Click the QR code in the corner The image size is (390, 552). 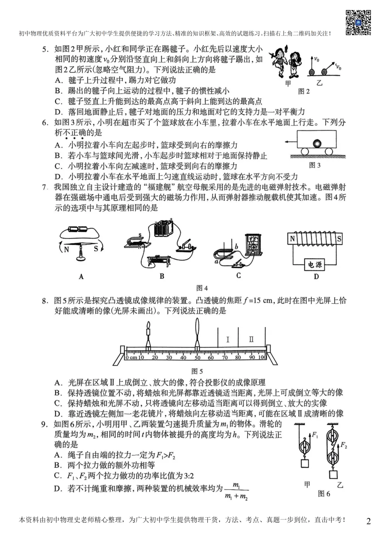[358, 22]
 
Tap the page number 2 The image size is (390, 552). [368, 521]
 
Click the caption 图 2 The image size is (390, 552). [304, 91]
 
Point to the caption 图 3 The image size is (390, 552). [315, 165]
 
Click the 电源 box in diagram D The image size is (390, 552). [315, 265]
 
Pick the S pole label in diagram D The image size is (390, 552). [339, 239]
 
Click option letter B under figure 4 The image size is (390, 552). [162, 276]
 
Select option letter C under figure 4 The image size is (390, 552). [238, 275]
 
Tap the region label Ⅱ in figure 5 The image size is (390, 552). [251, 339]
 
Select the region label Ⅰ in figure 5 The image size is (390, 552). [227, 339]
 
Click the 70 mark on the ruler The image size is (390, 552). [225, 358]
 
